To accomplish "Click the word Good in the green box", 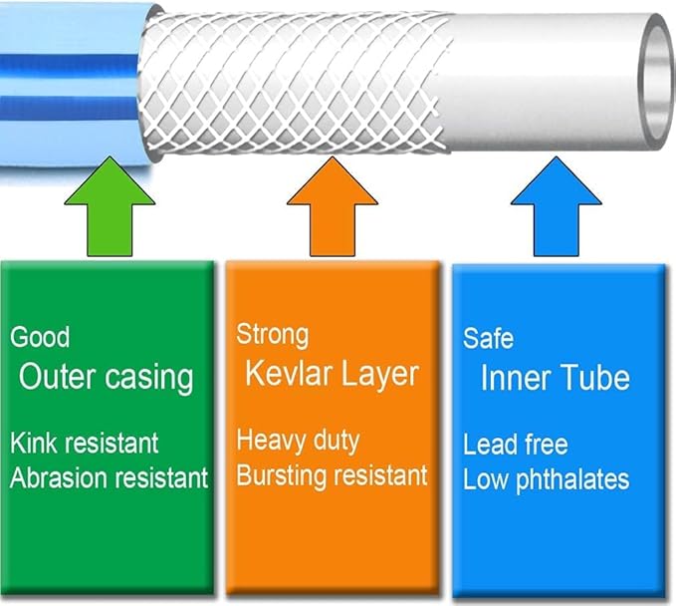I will click(40, 337).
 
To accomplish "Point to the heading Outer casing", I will click(106, 378).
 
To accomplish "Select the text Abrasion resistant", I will click(110, 477).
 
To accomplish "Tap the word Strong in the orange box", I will click(272, 334).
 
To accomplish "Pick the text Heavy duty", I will click(298, 440).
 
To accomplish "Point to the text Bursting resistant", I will click(332, 474).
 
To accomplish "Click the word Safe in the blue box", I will click(488, 338).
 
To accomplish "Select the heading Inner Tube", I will click(555, 378).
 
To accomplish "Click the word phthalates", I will click(576, 478).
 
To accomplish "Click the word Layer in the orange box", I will click(377, 374).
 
